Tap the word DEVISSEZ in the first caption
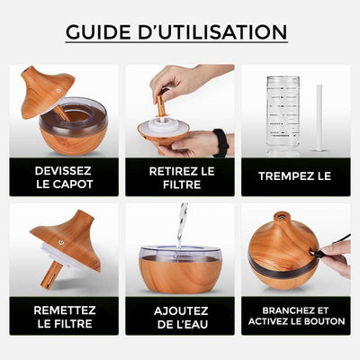tap(63, 170)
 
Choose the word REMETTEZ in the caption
tap(63, 309)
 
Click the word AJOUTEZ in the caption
tap(180, 309)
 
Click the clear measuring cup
tap(283, 112)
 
